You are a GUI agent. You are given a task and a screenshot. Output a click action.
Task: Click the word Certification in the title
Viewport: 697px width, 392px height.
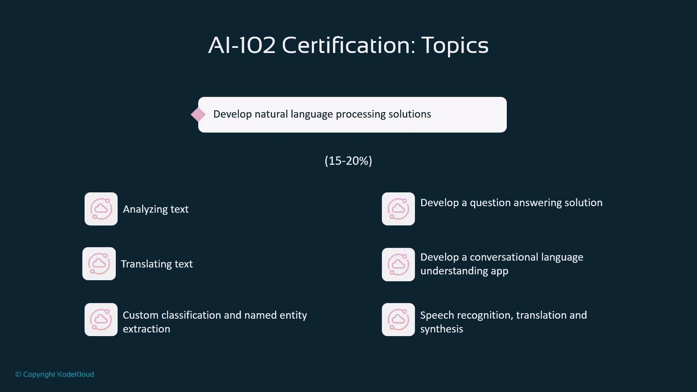click(x=348, y=45)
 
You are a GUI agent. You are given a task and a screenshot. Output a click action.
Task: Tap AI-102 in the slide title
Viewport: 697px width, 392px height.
click(x=242, y=45)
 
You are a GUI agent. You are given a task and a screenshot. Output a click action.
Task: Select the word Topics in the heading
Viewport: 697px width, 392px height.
click(x=455, y=45)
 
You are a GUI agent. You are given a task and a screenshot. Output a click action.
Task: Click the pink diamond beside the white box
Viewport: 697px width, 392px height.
click(x=198, y=115)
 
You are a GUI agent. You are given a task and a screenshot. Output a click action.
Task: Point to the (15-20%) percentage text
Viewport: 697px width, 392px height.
click(x=348, y=161)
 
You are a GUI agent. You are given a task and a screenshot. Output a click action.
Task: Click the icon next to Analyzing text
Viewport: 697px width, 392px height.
click(x=101, y=209)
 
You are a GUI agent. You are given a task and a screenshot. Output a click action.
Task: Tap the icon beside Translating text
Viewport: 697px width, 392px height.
click(x=99, y=264)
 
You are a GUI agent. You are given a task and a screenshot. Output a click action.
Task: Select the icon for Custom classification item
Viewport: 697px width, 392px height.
click(x=101, y=320)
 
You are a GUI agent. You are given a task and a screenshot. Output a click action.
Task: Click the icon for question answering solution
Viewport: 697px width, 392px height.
click(x=398, y=209)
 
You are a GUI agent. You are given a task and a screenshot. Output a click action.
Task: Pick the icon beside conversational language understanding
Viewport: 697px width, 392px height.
click(x=398, y=265)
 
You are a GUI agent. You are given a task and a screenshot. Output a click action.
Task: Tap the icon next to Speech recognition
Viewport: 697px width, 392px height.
click(x=398, y=320)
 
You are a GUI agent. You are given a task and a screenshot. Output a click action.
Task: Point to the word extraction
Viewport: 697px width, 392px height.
click(x=146, y=329)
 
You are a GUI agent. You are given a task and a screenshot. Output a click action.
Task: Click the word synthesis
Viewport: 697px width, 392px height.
click(x=441, y=329)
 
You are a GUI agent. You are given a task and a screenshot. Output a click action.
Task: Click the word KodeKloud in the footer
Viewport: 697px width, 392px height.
click(x=76, y=375)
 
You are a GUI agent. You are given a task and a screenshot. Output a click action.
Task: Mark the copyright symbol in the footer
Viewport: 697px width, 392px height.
click(x=18, y=375)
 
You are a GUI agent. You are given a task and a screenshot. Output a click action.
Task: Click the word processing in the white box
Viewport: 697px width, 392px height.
click(x=360, y=114)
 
